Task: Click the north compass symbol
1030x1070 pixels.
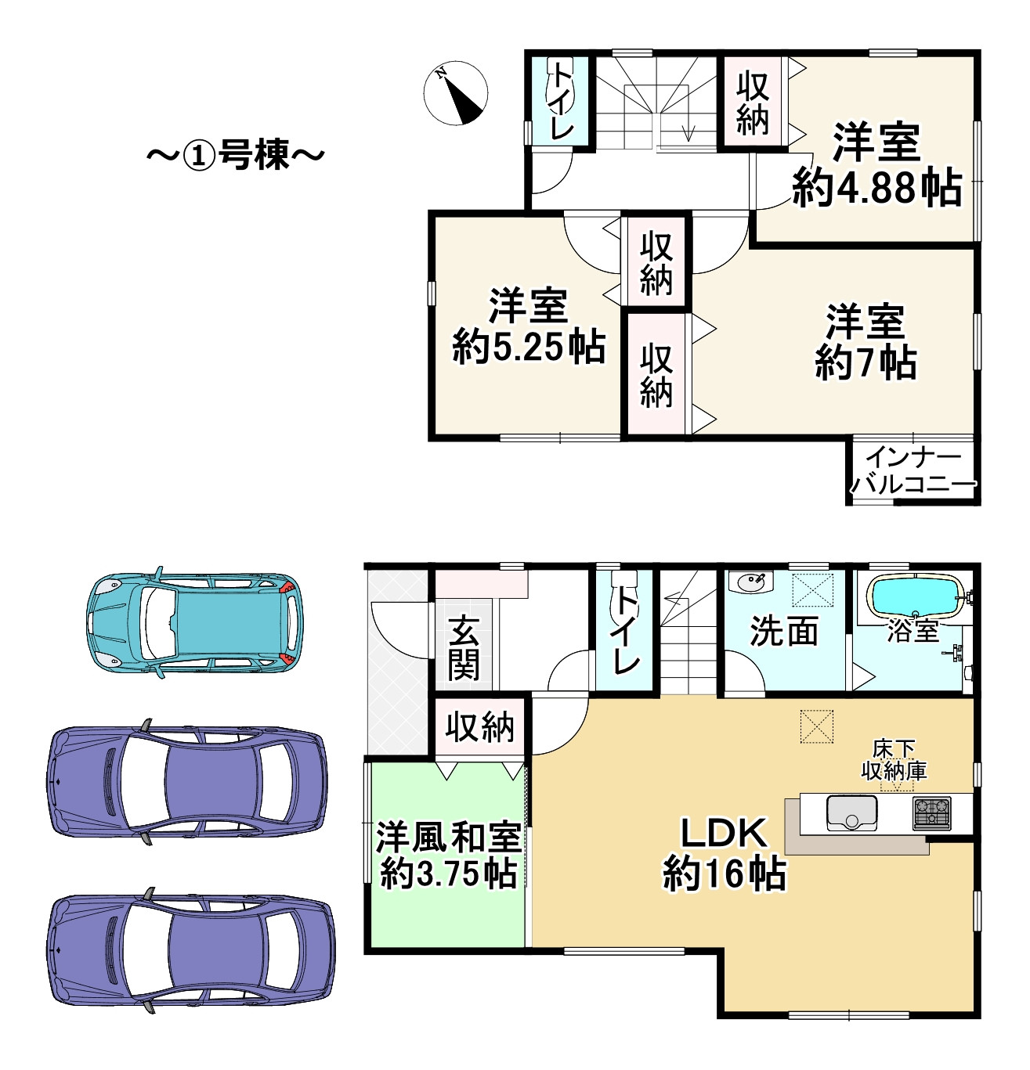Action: click(x=456, y=93)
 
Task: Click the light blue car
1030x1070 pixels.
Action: click(x=195, y=622)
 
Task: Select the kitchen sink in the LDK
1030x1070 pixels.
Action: click(x=851, y=812)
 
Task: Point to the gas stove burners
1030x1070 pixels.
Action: click(x=931, y=813)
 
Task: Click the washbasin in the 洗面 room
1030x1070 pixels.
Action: click(x=751, y=583)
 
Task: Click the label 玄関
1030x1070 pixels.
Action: click(x=463, y=647)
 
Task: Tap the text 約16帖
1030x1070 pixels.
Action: click(x=724, y=875)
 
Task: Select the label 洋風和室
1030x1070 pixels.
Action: click(x=449, y=836)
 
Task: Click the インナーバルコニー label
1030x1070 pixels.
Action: click(x=913, y=471)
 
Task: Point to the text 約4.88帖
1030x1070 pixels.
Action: click(x=877, y=189)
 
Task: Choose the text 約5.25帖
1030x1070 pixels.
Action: click(x=529, y=346)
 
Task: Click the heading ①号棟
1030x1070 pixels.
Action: click(x=236, y=156)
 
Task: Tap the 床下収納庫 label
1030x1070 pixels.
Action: click(x=894, y=761)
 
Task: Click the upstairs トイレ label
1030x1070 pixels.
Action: click(x=562, y=101)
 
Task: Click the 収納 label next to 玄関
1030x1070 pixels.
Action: click(x=479, y=727)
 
